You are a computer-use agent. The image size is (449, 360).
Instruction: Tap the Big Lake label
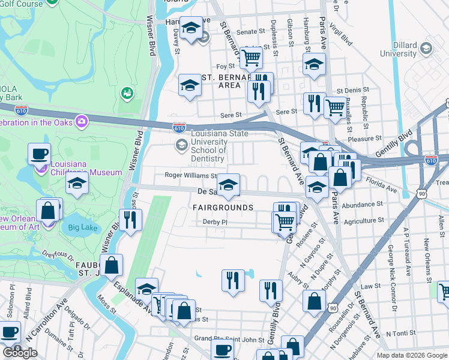(x=82, y=227)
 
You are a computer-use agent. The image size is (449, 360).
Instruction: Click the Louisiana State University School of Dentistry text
(x=208, y=146)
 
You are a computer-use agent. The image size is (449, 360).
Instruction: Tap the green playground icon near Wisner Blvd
(x=127, y=93)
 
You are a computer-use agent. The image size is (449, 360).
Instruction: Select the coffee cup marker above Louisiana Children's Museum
(x=39, y=154)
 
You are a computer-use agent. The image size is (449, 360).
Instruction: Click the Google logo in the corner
(x=20, y=353)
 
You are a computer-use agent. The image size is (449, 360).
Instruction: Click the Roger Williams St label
(x=191, y=176)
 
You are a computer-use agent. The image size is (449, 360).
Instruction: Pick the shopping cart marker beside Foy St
(x=252, y=58)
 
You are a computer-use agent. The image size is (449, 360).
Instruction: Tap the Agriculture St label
(x=363, y=221)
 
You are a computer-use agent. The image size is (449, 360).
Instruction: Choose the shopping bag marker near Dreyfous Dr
(x=111, y=265)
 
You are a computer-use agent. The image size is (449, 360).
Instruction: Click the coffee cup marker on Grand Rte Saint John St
(x=223, y=350)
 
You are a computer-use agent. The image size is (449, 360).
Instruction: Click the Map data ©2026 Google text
(x=411, y=355)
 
